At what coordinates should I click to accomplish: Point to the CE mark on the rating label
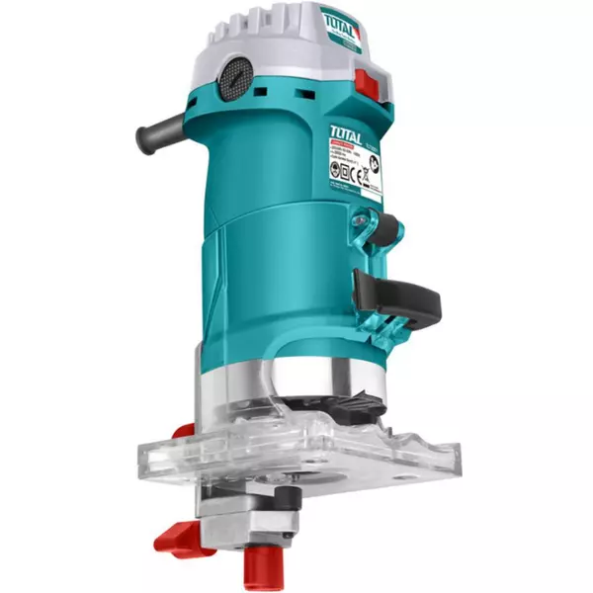coord(359,177)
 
